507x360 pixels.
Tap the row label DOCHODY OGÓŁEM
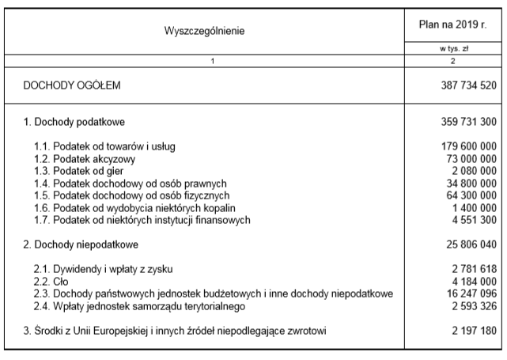(x=73, y=84)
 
